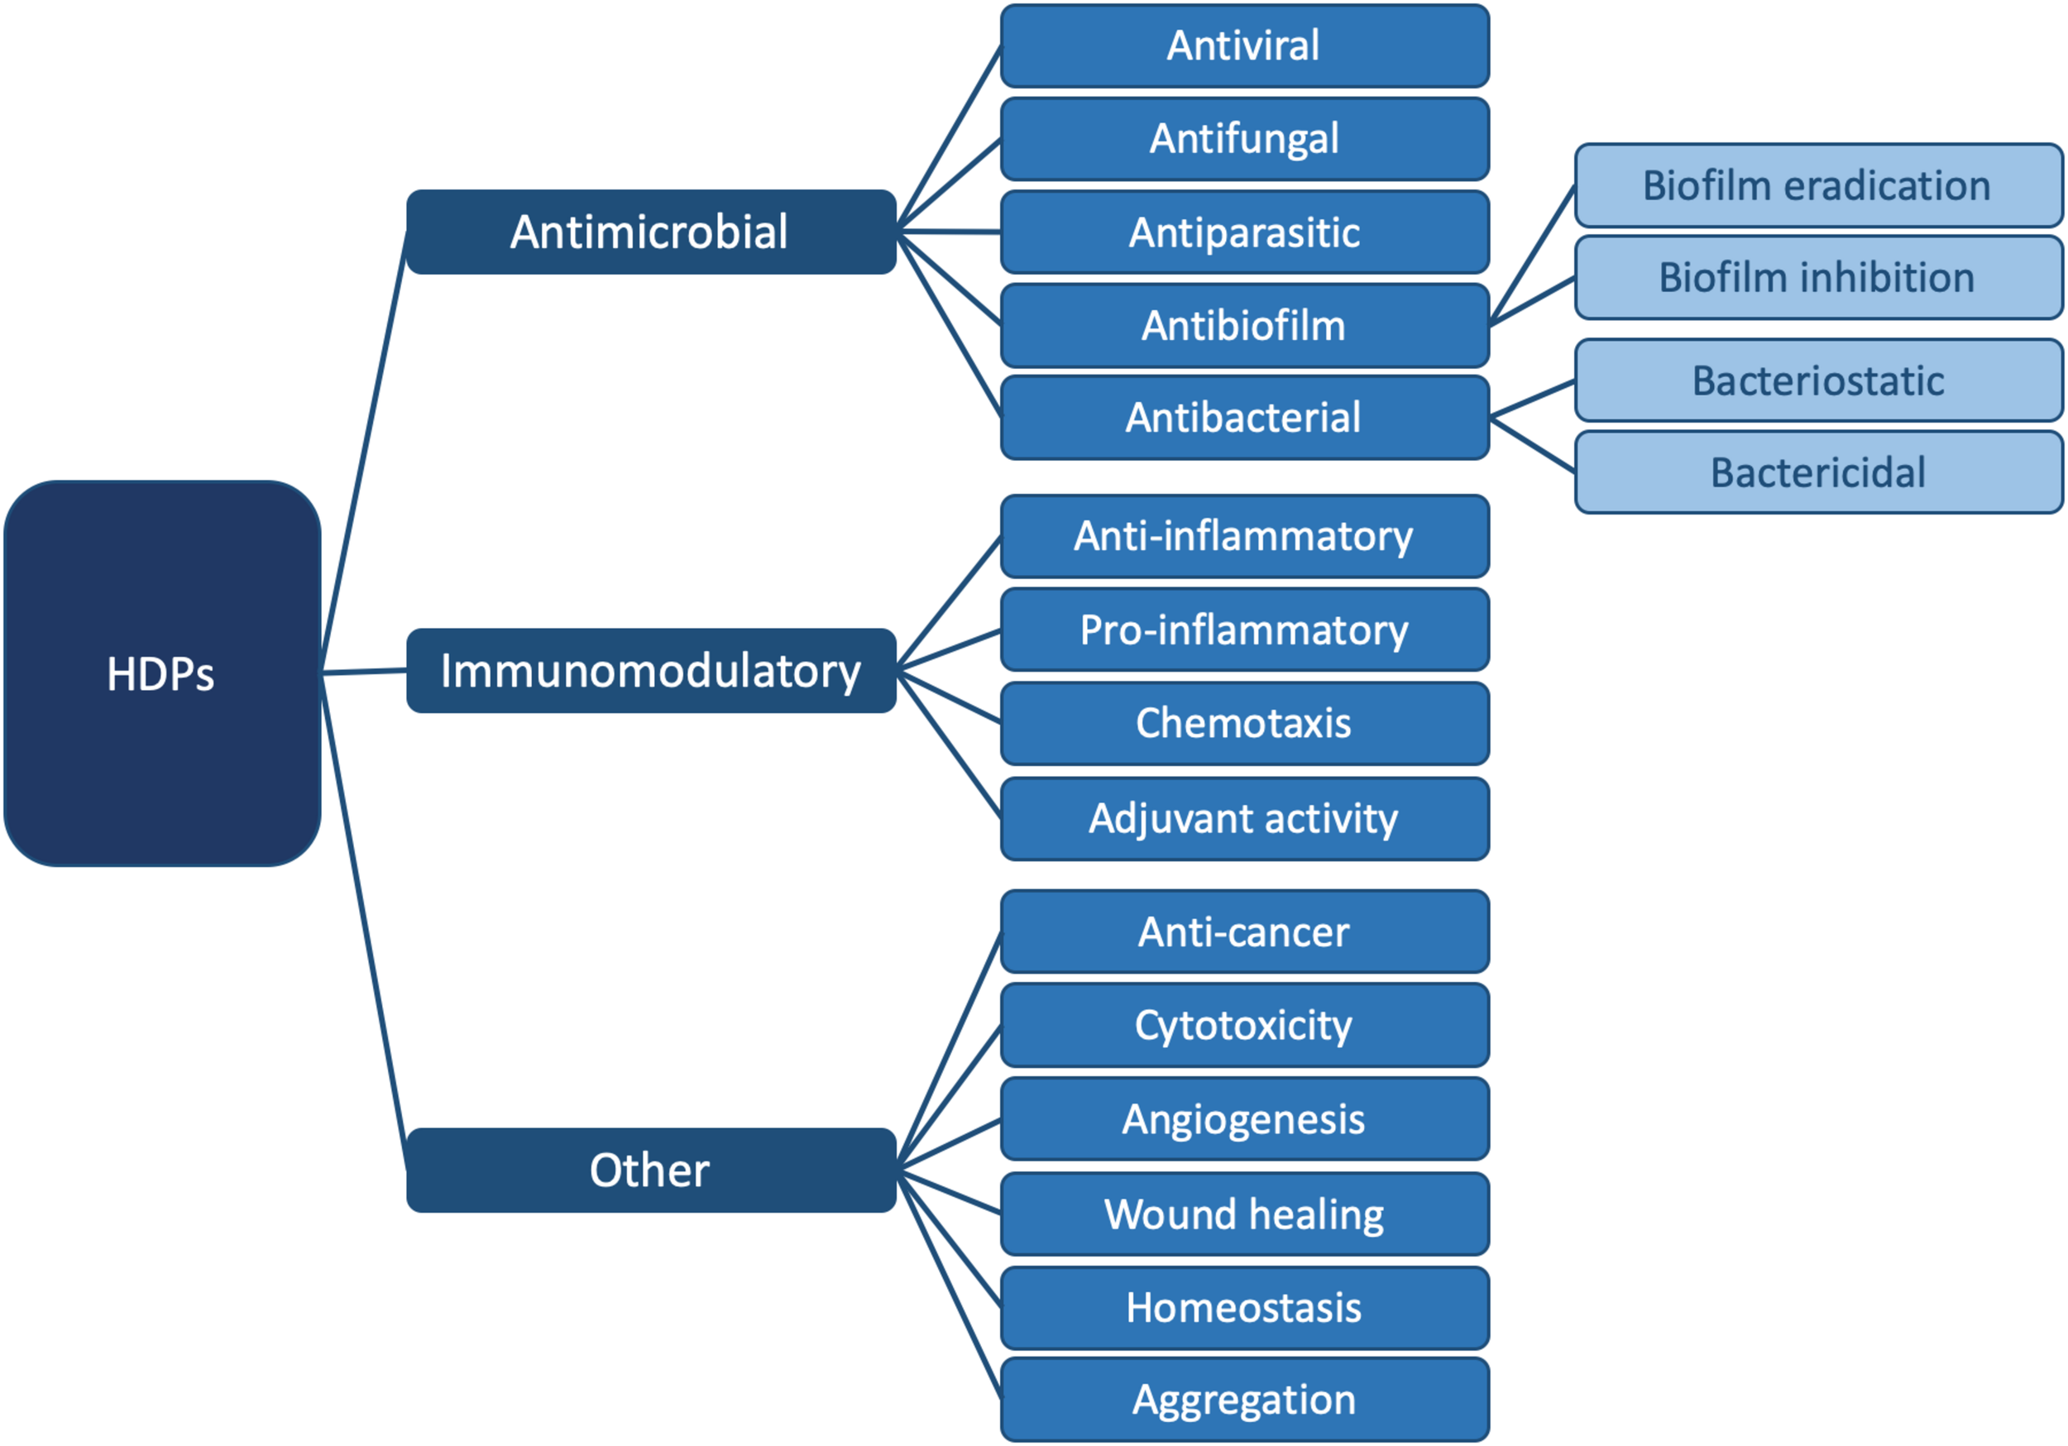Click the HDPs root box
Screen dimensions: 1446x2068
coord(162,673)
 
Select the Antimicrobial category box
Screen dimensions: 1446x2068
coord(650,232)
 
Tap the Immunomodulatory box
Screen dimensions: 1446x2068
coord(650,670)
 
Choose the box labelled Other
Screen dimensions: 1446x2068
coord(650,1170)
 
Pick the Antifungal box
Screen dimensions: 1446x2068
coord(1244,139)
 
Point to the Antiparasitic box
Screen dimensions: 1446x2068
coord(1244,232)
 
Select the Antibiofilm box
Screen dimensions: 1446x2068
coord(1244,325)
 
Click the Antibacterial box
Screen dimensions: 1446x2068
coord(1244,417)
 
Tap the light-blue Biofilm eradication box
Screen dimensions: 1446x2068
coord(1817,184)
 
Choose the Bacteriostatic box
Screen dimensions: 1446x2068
coord(1817,381)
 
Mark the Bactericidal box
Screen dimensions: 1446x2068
coord(1817,472)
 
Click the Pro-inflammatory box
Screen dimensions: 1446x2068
coord(1244,629)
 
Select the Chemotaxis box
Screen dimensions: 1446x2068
coord(1244,722)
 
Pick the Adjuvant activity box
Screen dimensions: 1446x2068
coord(1244,818)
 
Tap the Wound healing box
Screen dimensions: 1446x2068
coord(1244,1214)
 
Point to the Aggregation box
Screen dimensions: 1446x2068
coord(1244,1399)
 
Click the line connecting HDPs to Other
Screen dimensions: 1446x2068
coord(364,919)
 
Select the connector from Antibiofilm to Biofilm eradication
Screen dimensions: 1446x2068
coord(1531,255)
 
